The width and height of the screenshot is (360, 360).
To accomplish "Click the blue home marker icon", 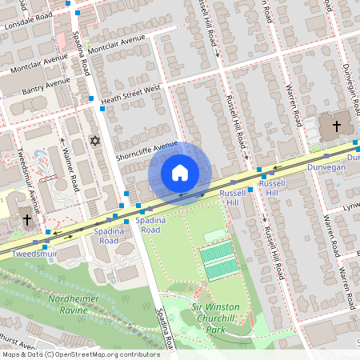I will (x=180, y=173).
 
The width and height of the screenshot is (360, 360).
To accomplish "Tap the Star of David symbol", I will (x=96, y=141).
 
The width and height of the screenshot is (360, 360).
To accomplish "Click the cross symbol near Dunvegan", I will (x=336, y=126).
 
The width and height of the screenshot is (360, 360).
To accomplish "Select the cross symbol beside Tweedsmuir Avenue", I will (x=27, y=219).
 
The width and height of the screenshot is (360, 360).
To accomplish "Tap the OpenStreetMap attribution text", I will (x=80, y=354).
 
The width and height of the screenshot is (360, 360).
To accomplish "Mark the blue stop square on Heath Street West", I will (x=92, y=98).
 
